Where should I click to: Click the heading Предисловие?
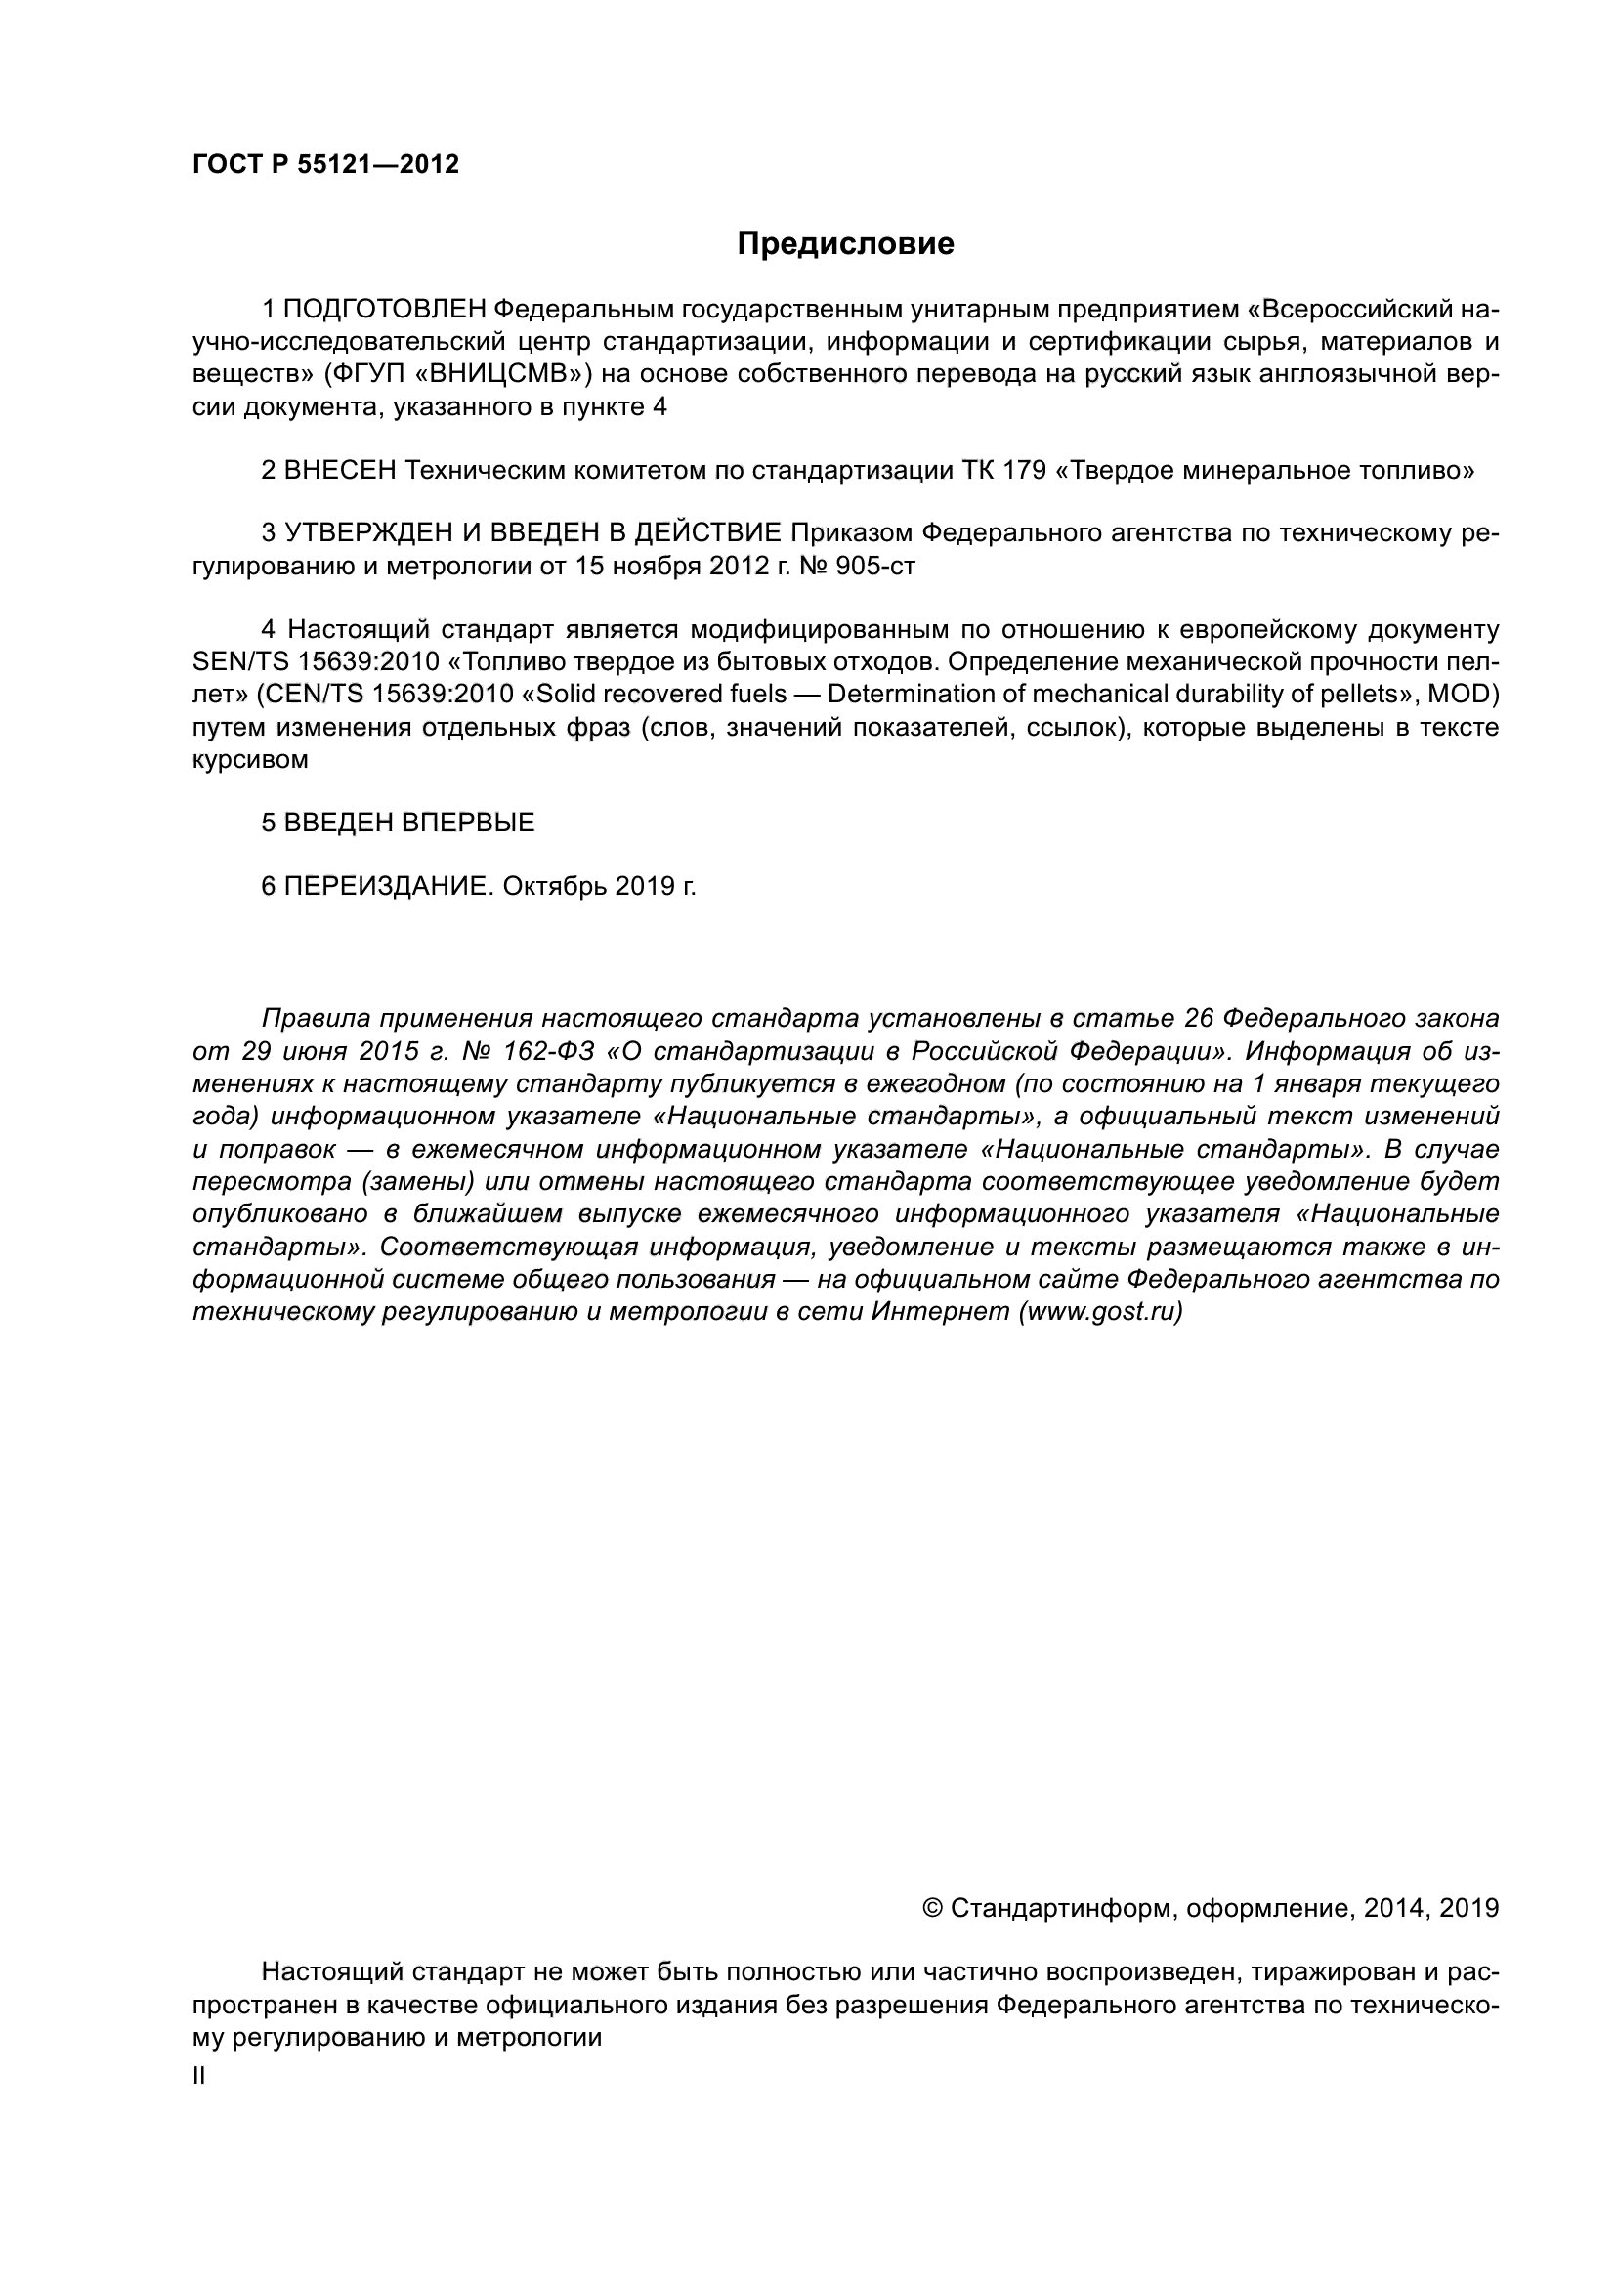(x=845, y=244)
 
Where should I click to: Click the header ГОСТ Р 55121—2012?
(x=325, y=165)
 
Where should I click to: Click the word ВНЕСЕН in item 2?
(x=340, y=471)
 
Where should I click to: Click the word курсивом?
(x=250, y=759)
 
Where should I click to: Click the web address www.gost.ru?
(x=1099, y=1312)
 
